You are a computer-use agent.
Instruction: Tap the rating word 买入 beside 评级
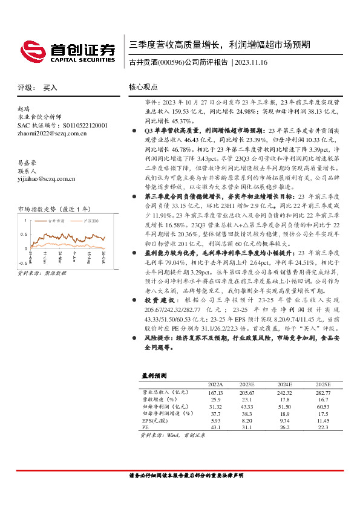point(50,88)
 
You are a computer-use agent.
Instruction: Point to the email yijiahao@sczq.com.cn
point(46,178)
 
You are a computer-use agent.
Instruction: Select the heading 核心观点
point(143,87)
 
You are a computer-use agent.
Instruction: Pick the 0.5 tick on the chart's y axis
point(24,235)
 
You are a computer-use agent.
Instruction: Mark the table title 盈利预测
point(154,375)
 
